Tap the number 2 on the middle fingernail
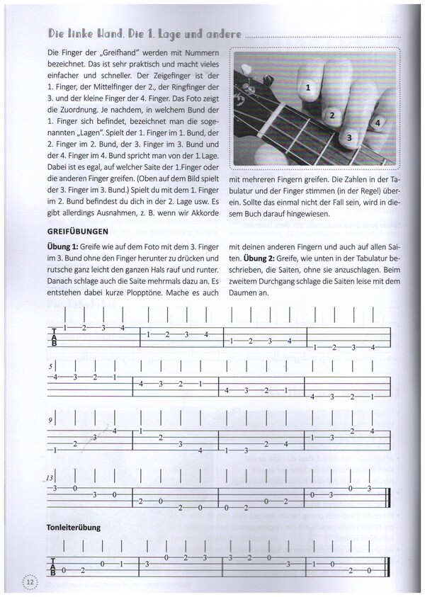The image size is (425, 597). click(331, 114)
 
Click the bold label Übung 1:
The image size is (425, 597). click(62, 245)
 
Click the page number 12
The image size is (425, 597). click(30, 581)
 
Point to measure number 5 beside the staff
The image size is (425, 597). click(51, 368)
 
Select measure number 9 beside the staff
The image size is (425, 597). click(51, 420)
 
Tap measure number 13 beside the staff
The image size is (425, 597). click(51, 478)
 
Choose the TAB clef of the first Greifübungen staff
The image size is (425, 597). click(55, 336)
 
